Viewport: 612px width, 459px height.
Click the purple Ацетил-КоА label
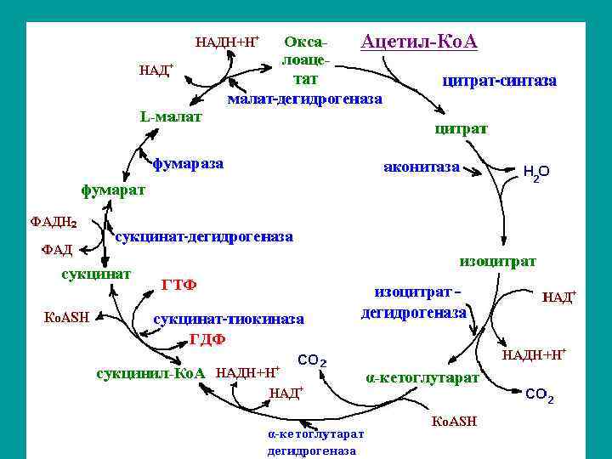(x=419, y=42)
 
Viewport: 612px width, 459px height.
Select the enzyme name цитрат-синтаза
(x=499, y=82)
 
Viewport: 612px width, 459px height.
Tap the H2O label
(x=535, y=172)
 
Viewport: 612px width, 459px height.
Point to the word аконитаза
(x=421, y=167)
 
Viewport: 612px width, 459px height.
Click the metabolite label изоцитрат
(x=497, y=260)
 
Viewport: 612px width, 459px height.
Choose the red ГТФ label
(x=178, y=284)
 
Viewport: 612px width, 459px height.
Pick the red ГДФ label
(x=207, y=339)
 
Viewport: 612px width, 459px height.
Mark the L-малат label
(x=170, y=116)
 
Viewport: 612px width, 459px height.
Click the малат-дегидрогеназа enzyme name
(x=304, y=99)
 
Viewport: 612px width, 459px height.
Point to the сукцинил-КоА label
(x=153, y=373)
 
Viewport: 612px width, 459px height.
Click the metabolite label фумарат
(x=113, y=190)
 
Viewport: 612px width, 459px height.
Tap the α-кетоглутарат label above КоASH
(x=422, y=377)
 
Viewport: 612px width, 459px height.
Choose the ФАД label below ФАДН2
(x=56, y=250)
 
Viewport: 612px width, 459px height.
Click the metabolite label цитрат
(x=461, y=129)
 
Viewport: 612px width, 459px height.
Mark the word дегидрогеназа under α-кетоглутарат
(x=312, y=450)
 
